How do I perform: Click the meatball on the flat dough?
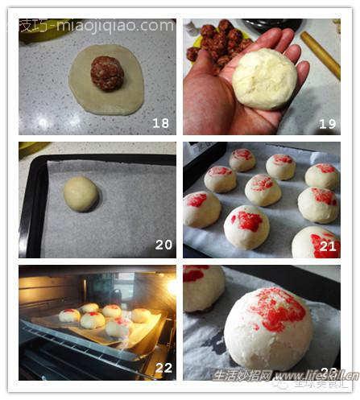(x=107, y=72)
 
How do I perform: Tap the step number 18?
(x=161, y=123)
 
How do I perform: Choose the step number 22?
(x=163, y=368)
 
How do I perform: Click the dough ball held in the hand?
(x=264, y=79)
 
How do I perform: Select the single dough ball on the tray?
(x=81, y=194)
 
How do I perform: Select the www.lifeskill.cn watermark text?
(x=314, y=375)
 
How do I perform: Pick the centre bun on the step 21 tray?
(x=263, y=190)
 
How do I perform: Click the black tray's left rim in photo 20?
(x=32, y=209)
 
